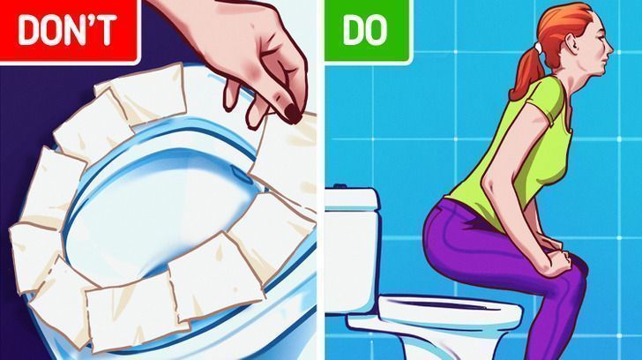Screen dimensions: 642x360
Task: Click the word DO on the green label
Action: (365, 31)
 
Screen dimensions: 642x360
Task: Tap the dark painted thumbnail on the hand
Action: (293, 114)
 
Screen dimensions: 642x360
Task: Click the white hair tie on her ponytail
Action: (538, 49)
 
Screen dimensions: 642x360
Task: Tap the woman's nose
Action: (611, 49)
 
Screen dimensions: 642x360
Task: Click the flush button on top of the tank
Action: (340, 186)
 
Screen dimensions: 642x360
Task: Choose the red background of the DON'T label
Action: (69, 55)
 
